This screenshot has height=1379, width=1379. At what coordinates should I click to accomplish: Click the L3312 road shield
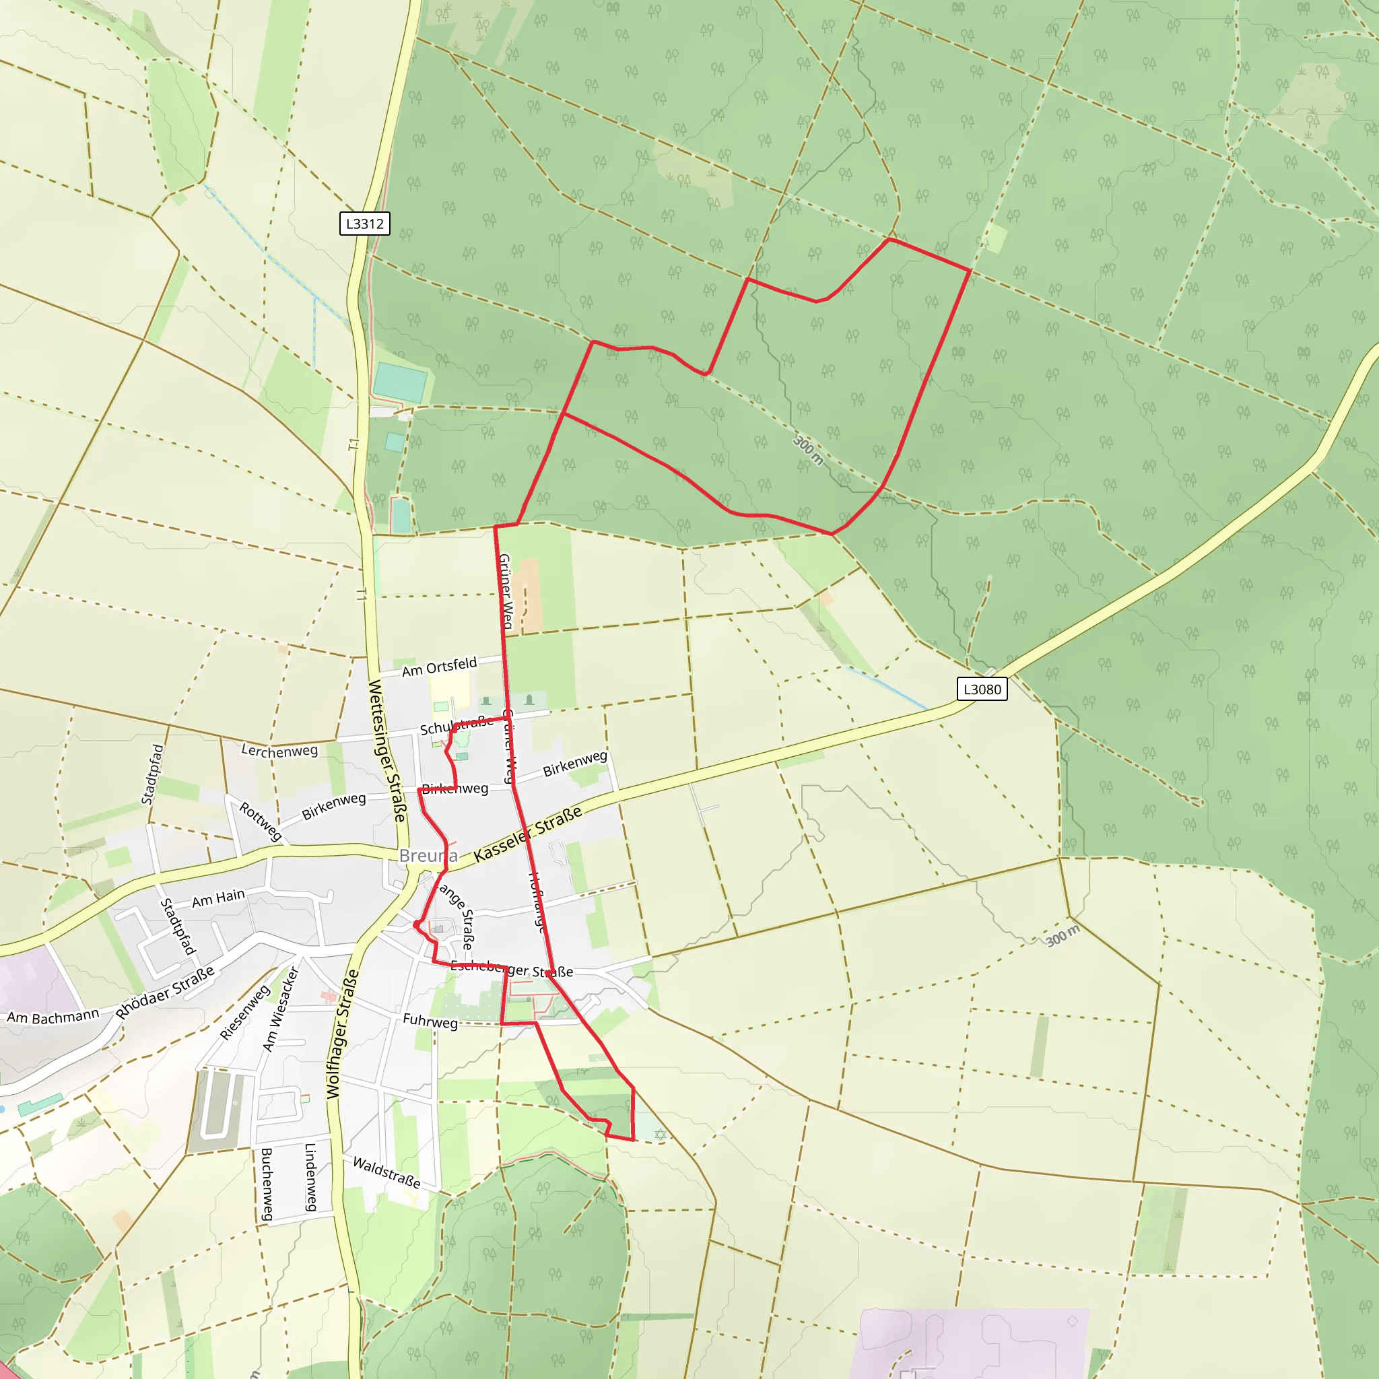364,224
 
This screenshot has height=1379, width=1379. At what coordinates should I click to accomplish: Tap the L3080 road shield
982,689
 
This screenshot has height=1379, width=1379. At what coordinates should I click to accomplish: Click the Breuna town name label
428,855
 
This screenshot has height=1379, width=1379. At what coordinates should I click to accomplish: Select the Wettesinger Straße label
387,751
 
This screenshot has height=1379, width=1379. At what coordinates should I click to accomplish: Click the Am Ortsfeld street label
439,667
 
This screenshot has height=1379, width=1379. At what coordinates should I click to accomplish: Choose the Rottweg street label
260,821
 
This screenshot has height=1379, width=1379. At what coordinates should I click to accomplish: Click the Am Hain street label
218,898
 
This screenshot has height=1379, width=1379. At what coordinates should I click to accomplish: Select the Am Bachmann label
53,1015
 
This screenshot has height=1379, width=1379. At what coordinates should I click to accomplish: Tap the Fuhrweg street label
430,1021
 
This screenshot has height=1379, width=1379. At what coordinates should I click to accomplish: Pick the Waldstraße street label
386,1173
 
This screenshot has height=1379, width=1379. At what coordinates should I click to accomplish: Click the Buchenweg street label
266,1184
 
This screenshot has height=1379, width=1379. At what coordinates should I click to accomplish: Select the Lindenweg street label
310,1178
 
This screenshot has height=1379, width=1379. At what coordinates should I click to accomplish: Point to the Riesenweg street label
245,1012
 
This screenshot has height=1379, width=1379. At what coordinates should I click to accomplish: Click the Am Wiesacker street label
280,1009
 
